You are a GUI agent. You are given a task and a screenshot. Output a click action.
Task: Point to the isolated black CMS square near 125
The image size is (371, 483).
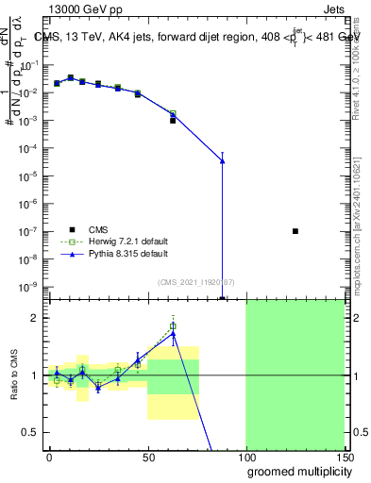point(295,231)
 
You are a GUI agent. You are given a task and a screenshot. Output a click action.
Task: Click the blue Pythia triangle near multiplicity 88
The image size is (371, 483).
point(223,161)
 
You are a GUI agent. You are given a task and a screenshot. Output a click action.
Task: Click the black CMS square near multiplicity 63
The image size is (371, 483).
point(173,121)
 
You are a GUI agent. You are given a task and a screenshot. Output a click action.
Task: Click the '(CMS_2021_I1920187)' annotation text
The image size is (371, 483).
point(195,282)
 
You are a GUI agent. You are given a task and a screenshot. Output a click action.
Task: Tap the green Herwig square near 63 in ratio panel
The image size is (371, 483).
point(173,326)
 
